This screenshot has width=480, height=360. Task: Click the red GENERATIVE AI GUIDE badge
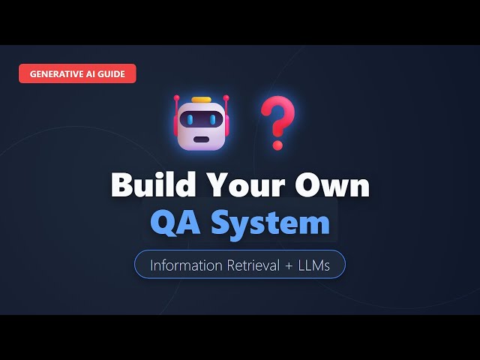coord(78,73)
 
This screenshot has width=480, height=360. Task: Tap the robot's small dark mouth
coord(200,137)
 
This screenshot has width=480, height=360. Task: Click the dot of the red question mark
coord(278,142)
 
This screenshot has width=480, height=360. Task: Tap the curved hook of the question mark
coord(278,114)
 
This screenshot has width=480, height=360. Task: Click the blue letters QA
coord(176,222)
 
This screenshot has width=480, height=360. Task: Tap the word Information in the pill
coord(185,265)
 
